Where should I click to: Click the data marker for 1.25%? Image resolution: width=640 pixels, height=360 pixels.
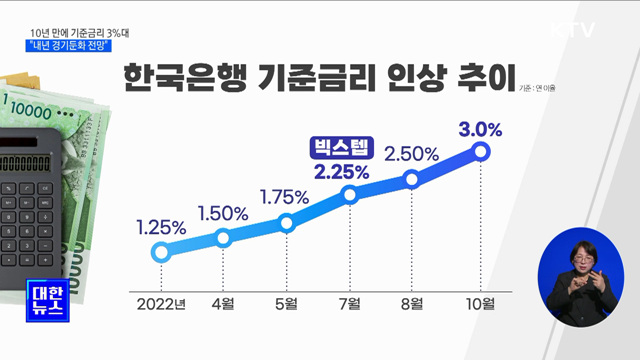[160, 252]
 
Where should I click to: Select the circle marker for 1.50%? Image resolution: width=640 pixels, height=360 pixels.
[224, 238]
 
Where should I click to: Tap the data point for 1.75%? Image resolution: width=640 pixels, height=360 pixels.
[287, 223]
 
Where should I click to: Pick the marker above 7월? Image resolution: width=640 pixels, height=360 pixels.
[351, 194]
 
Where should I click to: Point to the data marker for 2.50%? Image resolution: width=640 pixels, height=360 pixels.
[412, 179]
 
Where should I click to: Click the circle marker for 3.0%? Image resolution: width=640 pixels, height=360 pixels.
[481, 151]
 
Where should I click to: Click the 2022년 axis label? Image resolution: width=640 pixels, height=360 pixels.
[159, 301]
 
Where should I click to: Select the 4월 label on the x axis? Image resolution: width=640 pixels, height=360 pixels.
[223, 301]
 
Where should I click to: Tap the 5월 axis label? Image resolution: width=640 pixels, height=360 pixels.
[287, 301]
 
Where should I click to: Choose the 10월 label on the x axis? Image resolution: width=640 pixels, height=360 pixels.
[480, 301]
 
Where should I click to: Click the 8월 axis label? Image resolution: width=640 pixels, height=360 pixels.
[412, 301]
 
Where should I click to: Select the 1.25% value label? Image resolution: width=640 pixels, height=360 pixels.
[160, 227]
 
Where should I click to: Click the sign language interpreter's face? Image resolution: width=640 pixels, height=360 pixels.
[580, 256]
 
